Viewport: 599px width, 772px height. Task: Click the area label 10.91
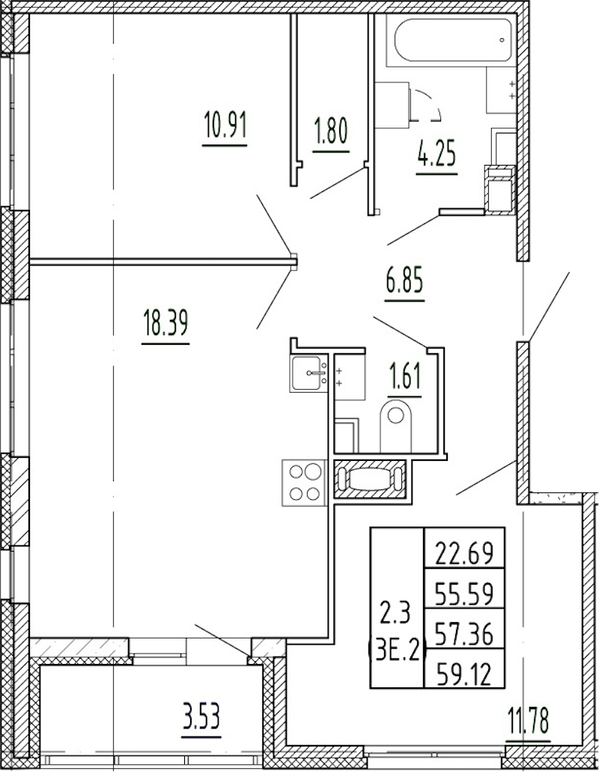[225, 126]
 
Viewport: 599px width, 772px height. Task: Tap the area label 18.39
[165, 322]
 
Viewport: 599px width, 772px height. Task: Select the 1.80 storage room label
[331, 133]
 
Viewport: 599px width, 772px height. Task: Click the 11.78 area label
[529, 719]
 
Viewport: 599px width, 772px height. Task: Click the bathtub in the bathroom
[452, 40]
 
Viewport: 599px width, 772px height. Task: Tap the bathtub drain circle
[502, 40]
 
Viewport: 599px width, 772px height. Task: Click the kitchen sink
[308, 373]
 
